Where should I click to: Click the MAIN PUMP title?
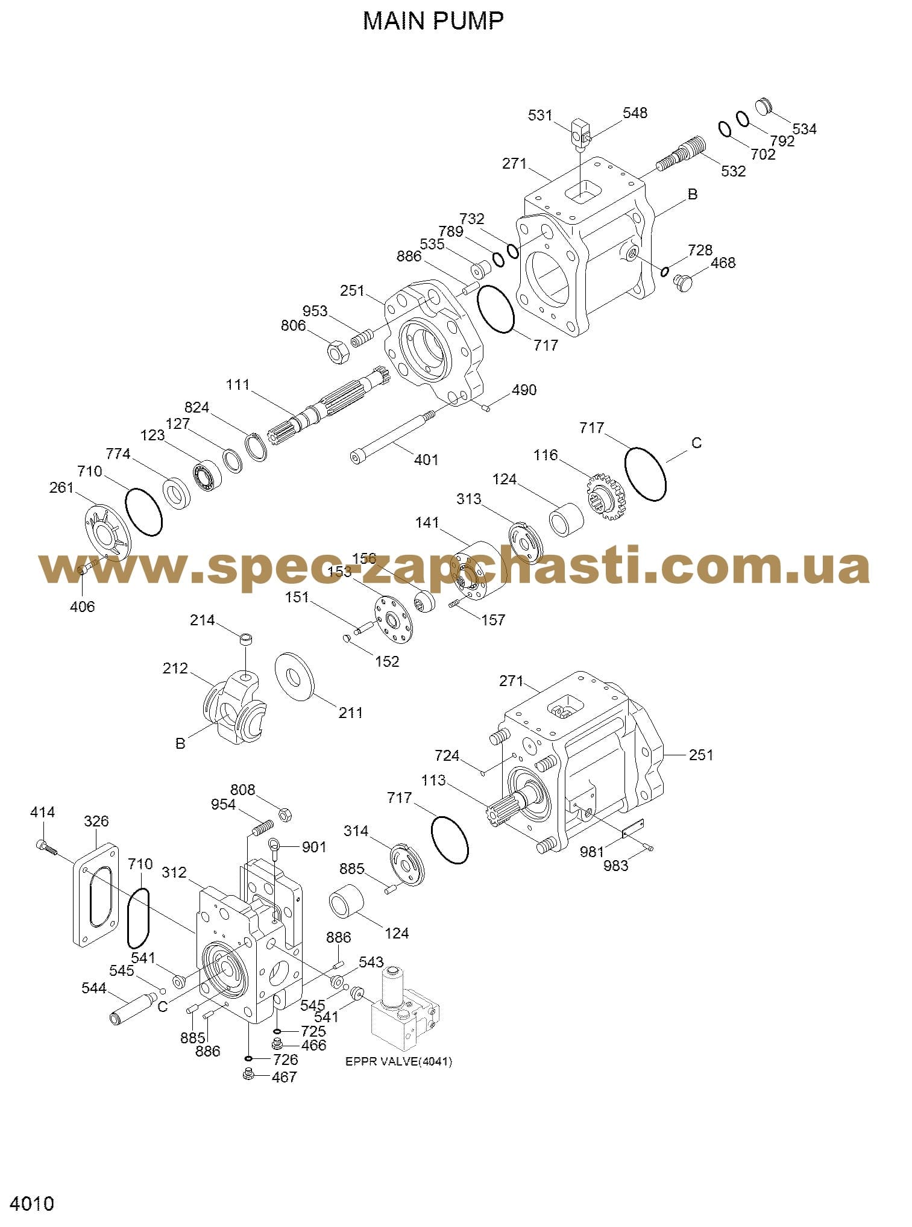click(433, 21)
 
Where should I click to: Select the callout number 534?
click(804, 129)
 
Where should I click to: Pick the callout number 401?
click(426, 460)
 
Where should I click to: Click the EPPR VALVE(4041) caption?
click(398, 1078)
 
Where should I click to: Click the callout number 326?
click(96, 821)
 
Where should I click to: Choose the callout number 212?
click(175, 669)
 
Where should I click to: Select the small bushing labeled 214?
click(247, 640)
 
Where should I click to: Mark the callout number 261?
click(61, 487)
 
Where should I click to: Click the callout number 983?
click(616, 866)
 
